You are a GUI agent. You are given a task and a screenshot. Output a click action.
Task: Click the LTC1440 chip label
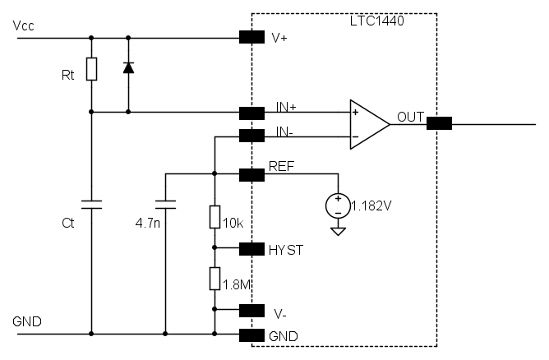(x=377, y=21)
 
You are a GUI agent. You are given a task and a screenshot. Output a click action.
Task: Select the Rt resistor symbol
(x=91, y=70)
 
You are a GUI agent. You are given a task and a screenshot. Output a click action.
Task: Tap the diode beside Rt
(x=127, y=67)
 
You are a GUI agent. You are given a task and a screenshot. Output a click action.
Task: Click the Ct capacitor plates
(x=91, y=204)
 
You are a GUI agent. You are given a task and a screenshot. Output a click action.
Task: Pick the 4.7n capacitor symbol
(x=166, y=204)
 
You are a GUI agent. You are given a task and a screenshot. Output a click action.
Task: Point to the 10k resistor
(x=214, y=217)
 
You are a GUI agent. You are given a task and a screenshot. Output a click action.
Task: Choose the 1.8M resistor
(x=214, y=279)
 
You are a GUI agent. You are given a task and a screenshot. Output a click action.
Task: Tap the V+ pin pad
(x=251, y=37)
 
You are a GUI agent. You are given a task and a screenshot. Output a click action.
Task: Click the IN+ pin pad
(x=251, y=113)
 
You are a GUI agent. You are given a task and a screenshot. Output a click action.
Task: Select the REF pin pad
(x=251, y=174)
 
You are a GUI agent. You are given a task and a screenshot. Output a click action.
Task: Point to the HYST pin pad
(x=251, y=248)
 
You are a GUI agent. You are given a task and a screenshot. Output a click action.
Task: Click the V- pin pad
(x=251, y=310)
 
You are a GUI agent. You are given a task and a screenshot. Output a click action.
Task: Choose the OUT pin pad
(x=439, y=124)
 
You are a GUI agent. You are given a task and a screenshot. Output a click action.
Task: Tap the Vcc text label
(x=24, y=26)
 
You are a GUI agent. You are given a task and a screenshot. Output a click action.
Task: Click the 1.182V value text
(x=371, y=205)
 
